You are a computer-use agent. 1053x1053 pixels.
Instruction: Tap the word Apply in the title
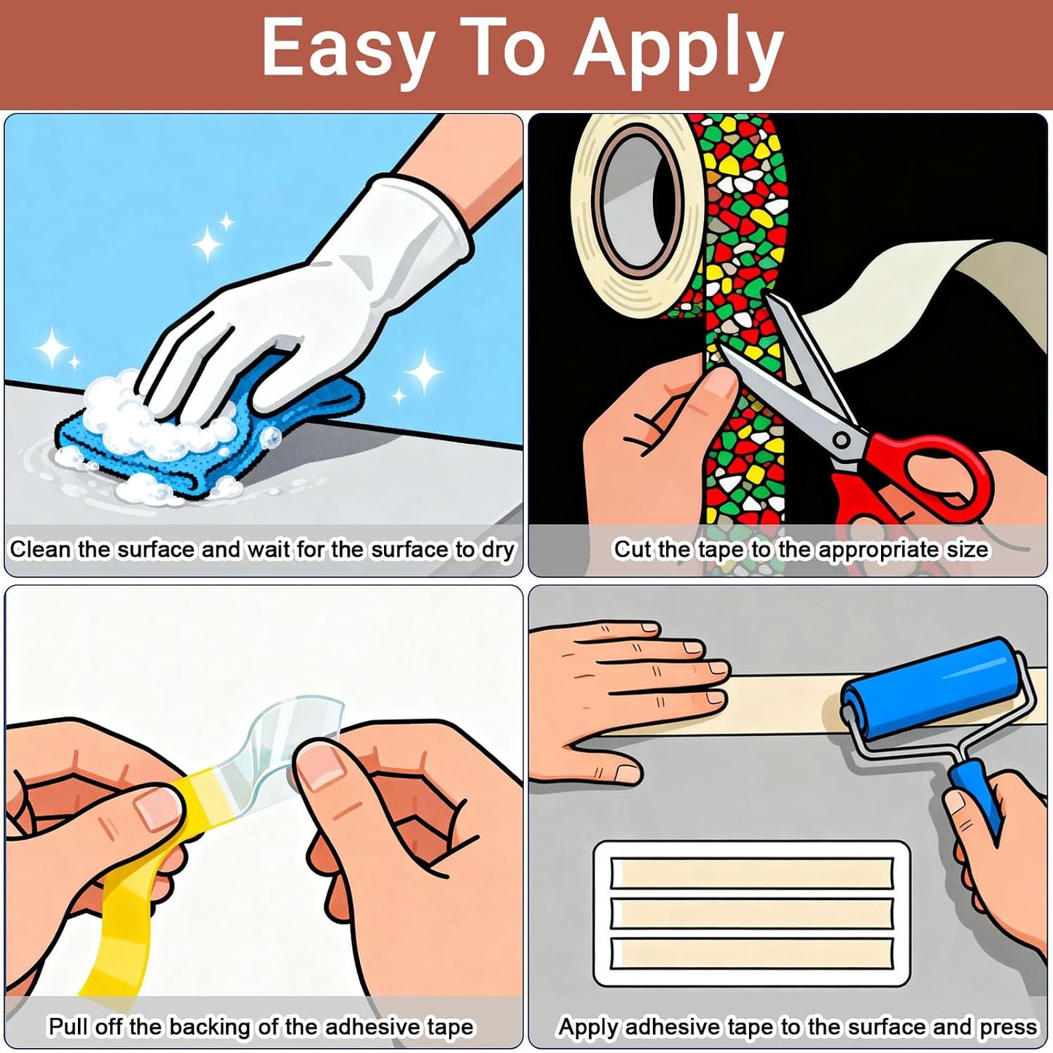(x=678, y=52)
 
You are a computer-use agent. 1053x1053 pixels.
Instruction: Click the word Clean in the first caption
(x=41, y=549)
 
